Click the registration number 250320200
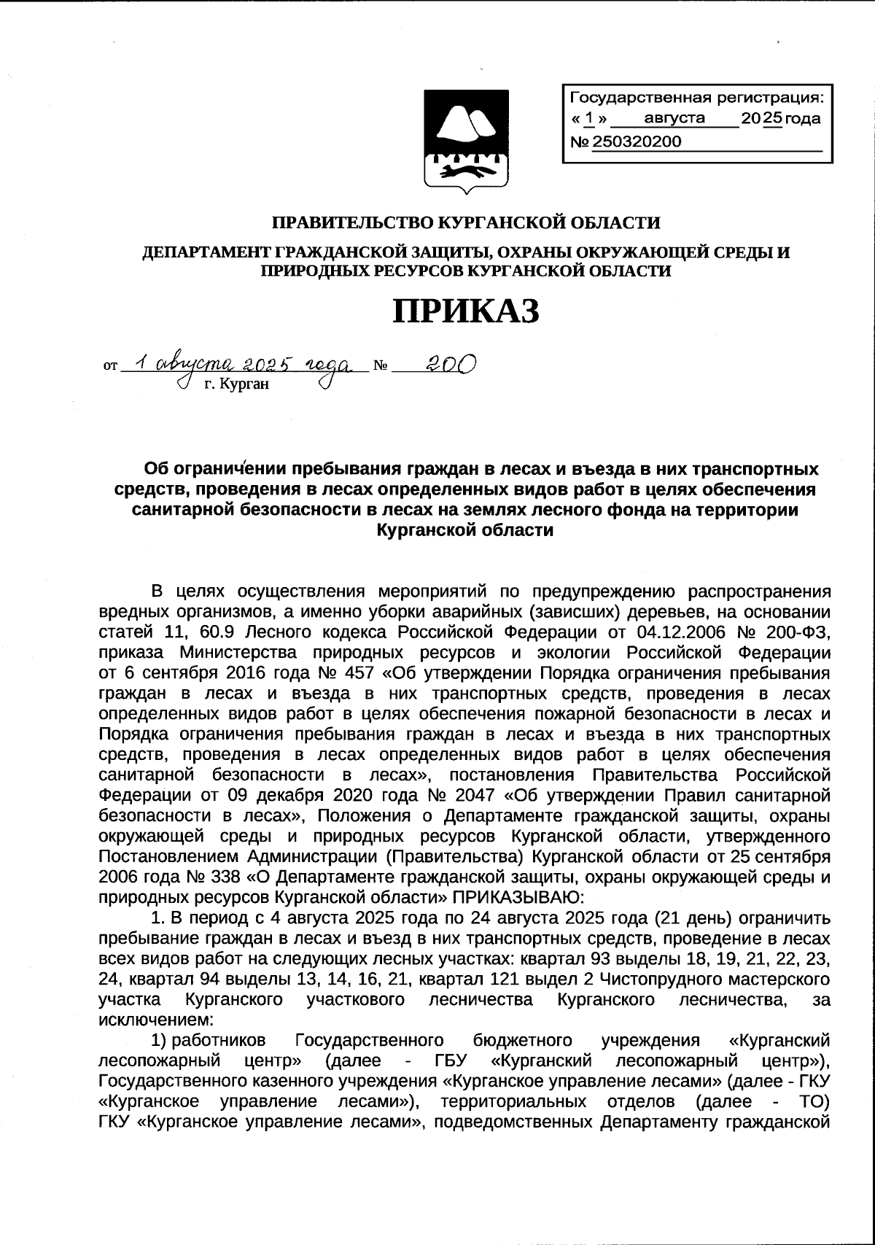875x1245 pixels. pos(636,141)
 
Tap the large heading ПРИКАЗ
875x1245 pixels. pos(467,312)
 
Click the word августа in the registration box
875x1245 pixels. pos(675,118)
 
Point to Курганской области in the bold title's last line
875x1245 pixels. pos(466,530)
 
